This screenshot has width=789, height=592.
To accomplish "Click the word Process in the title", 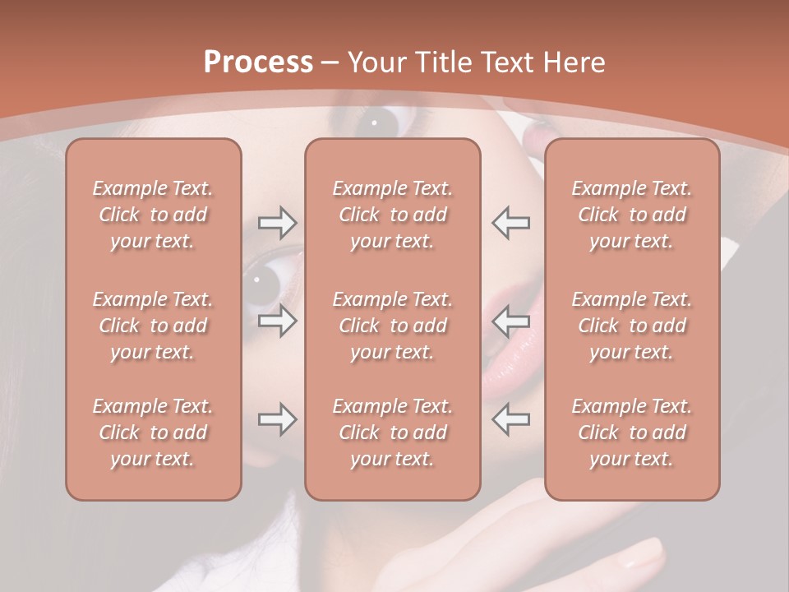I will coord(258,62).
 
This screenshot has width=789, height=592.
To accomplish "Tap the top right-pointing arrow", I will coord(277,223).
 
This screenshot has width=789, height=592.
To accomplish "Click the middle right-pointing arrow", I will coord(277,321).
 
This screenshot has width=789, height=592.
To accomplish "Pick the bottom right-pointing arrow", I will coord(277,419).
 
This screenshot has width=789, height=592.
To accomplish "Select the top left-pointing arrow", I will coord(510,223).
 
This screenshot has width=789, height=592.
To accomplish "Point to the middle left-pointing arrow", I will coord(510,321).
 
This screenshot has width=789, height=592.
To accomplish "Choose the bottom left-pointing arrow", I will coord(510,419).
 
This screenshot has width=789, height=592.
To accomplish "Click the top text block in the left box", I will coord(153,215).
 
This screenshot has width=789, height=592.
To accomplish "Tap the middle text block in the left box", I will coord(153,326).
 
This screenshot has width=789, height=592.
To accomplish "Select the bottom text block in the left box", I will coord(153,432).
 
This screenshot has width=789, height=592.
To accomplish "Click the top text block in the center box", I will coord(393,215).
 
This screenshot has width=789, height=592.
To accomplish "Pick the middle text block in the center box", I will coord(393,326).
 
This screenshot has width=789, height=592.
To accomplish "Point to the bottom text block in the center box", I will coord(393,432).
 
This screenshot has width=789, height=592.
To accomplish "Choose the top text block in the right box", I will coord(632,215).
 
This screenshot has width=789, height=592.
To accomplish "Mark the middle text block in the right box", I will coord(632,326).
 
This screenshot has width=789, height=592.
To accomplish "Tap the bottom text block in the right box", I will coord(632,432).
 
